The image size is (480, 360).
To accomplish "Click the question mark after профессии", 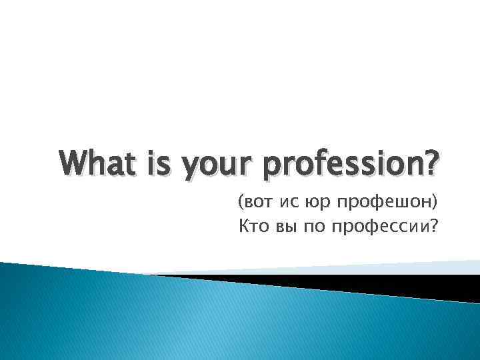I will tap(435, 229).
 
